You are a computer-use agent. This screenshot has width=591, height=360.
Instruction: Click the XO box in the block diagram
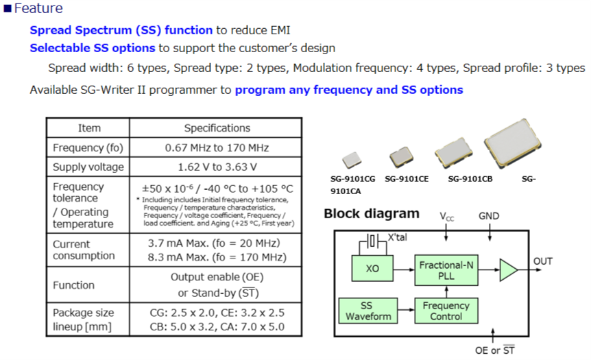(x=372, y=269)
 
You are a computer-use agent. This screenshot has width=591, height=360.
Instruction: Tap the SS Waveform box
(x=367, y=311)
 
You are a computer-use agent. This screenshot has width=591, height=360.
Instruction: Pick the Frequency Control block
(x=446, y=311)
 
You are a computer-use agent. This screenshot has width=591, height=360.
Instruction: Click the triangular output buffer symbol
(x=508, y=269)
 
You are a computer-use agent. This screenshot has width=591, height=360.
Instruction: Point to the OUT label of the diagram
(x=543, y=261)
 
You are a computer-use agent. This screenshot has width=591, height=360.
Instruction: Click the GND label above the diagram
(x=489, y=216)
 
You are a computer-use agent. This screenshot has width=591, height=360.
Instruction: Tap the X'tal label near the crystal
(x=398, y=237)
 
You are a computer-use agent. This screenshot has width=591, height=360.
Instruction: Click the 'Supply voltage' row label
(x=88, y=167)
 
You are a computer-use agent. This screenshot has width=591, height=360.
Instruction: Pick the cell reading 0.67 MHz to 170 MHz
(x=217, y=147)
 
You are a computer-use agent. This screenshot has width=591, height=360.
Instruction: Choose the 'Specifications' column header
(x=217, y=128)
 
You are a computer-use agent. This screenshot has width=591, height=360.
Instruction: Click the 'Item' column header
(x=88, y=128)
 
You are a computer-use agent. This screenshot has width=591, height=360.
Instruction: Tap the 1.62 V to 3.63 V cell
(x=217, y=167)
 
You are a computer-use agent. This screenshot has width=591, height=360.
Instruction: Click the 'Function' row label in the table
(x=74, y=285)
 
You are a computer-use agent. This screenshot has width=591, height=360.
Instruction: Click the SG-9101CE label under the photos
(x=407, y=180)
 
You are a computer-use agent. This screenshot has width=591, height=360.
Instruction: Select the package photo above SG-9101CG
(x=352, y=160)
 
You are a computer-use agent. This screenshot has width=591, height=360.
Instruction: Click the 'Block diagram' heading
(x=371, y=214)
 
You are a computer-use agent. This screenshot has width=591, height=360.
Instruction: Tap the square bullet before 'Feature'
(x=8, y=9)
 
